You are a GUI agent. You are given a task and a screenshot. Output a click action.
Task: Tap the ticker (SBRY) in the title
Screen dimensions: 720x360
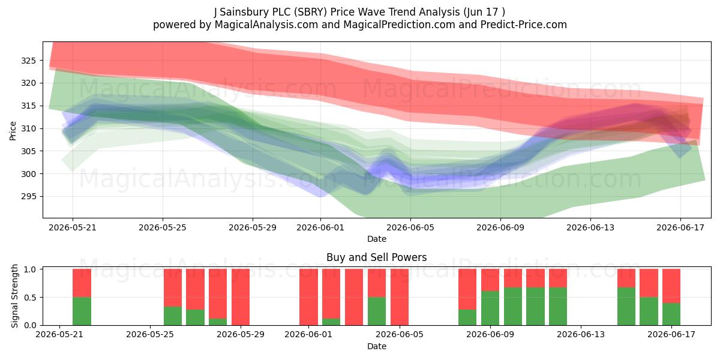[x=311, y=12]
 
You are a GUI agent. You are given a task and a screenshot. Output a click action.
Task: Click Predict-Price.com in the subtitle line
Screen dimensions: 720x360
[x=524, y=25]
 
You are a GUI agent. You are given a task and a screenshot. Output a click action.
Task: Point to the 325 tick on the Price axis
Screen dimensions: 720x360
[x=28, y=61]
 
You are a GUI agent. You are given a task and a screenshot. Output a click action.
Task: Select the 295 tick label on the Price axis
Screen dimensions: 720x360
[x=28, y=196]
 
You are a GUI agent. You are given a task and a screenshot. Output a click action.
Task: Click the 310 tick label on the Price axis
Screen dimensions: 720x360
[x=28, y=128]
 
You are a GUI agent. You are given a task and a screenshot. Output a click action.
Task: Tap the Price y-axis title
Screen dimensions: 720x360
[x=13, y=131]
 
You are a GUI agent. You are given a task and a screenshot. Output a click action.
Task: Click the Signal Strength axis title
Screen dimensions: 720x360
[x=14, y=296]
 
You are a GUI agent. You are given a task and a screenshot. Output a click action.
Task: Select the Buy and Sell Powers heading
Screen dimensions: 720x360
[x=376, y=257]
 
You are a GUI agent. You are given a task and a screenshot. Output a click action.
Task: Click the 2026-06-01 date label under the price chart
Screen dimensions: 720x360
[x=320, y=227]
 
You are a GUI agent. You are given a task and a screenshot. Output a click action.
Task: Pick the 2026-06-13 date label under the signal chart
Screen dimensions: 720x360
[x=581, y=335]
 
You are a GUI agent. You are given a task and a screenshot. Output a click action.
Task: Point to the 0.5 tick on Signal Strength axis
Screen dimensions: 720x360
[x=30, y=298]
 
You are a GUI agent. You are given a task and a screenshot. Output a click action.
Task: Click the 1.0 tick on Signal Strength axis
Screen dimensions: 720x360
[x=30, y=269]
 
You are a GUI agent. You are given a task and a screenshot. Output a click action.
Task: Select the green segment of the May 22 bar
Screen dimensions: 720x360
[x=82, y=311]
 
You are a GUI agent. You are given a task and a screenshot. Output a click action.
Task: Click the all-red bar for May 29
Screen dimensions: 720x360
[x=241, y=297]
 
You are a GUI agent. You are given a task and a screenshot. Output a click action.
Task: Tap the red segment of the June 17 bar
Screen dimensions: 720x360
[x=671, y=286]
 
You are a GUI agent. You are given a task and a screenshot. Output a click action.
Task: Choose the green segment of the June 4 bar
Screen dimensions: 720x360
[x=377, y=311]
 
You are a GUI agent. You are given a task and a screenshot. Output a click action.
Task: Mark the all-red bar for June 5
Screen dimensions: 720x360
[x=400, y=297]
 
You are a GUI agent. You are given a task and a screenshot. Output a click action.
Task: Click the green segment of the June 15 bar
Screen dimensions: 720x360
[x=626, y=307]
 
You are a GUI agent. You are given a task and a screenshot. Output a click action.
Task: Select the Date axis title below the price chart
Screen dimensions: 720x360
[x=377, y=239]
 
